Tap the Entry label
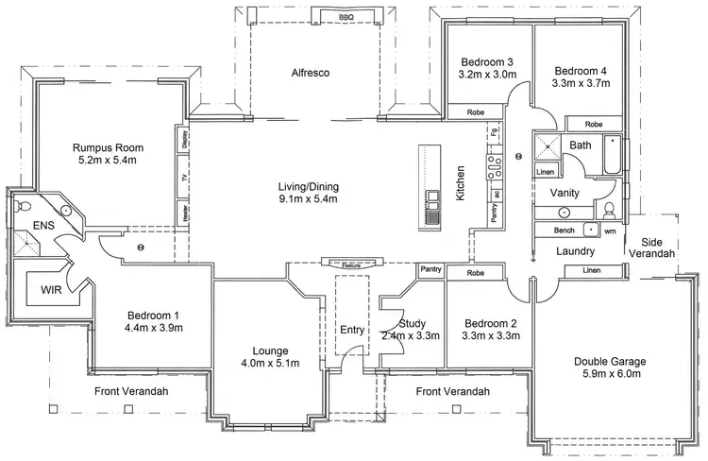(x=351, y=330)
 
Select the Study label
(x=413, y=323)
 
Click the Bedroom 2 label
(x=491, y=321)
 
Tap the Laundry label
(x=575, y=251)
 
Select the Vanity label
(x=565, y=192)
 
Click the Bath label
(x=580, y=145)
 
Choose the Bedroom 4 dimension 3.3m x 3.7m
(x=581, y=84)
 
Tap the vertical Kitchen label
(x=460, y=185)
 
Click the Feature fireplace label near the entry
(x=352, y=264)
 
